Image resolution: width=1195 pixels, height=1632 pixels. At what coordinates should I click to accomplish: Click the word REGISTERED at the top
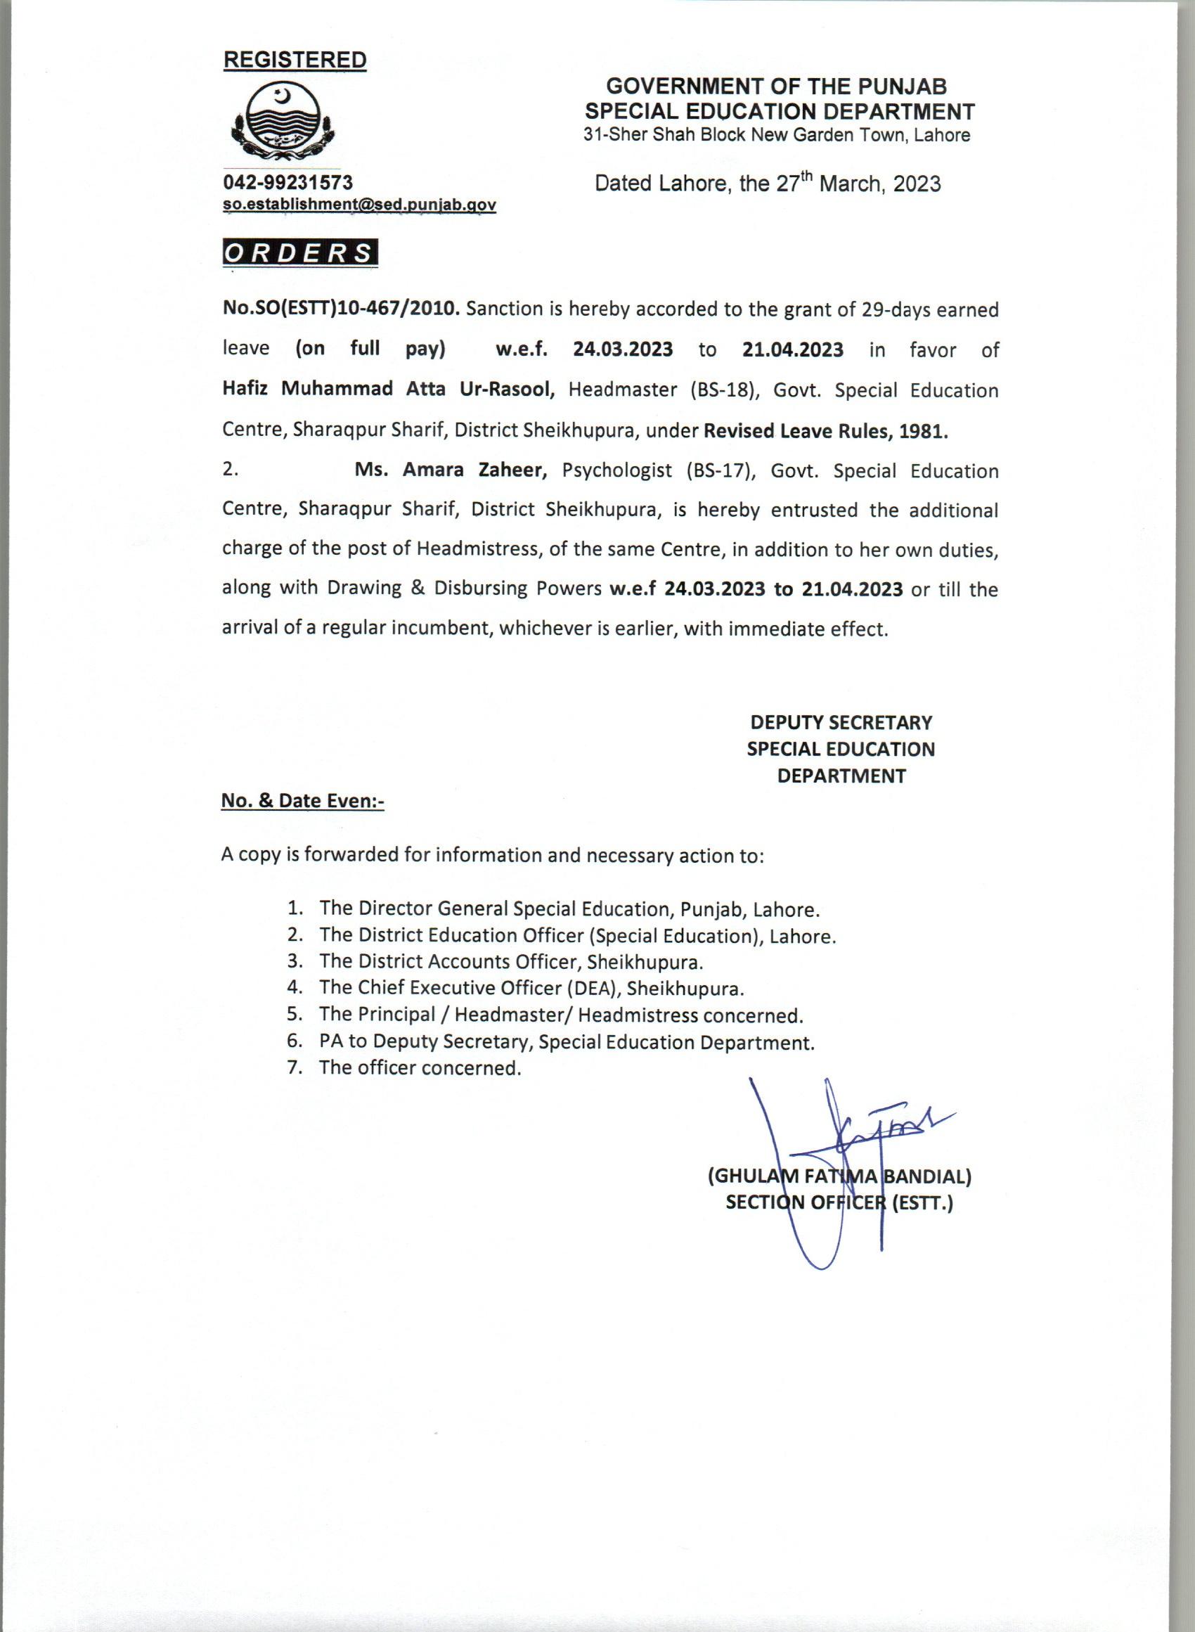pyautogui.click(x=295, y=60)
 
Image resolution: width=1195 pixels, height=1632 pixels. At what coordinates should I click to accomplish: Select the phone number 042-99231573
pyautogui.click(x=289, y=181)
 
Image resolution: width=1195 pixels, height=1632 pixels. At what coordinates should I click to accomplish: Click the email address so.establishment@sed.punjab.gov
pyautogui.click(x=359, y=205)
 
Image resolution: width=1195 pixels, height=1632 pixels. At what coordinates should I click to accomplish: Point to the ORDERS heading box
pyautogui.click(x=299, y=253)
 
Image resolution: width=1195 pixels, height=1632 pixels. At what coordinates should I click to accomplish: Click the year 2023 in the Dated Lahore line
pyautogui.click(x=917, y=184)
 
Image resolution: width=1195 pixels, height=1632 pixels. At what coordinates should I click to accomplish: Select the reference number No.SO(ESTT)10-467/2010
pyautogui.click(x=341, y=309)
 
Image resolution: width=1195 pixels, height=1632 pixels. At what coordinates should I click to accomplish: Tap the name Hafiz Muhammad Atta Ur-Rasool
pyautogui.click(x=389, y=390)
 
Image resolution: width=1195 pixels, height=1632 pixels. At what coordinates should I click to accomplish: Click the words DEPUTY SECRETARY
pyautogui.click(x=841, y=722)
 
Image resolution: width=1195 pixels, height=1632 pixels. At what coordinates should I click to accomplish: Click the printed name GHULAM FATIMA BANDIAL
pyautogui.click(x=839, y=1176)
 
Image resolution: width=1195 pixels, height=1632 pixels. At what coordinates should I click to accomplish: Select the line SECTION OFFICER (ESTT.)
pyautogui.click(x=839, y=1204)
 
